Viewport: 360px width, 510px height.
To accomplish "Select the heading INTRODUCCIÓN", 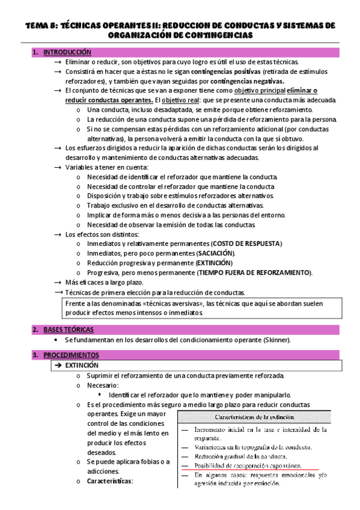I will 67,52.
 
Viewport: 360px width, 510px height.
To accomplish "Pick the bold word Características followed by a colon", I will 109,482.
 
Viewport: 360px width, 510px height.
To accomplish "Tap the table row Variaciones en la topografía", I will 252,447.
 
